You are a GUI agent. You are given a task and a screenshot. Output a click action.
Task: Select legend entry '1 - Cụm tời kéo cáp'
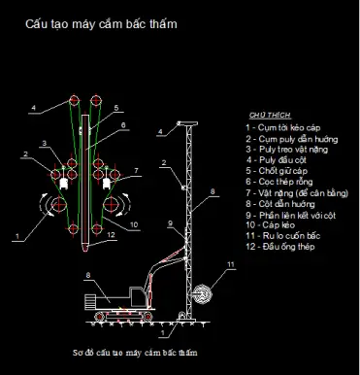(x=283, y=127)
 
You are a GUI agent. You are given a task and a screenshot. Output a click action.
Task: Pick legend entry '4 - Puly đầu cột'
(x=277, y=159)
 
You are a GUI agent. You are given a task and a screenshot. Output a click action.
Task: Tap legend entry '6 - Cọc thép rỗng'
(x=281, y=181)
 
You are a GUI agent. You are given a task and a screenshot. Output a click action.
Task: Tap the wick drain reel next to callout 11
(x=201, y=290)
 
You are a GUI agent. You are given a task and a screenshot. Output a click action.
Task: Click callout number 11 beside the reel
(x=231, y=264)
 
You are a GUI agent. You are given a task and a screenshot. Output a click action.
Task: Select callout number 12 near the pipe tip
(x=113, y=234)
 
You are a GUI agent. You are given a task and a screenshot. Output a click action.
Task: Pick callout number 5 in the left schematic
(x=116, y=108)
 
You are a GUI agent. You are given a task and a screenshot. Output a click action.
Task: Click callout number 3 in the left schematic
(x=44, y=144)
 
